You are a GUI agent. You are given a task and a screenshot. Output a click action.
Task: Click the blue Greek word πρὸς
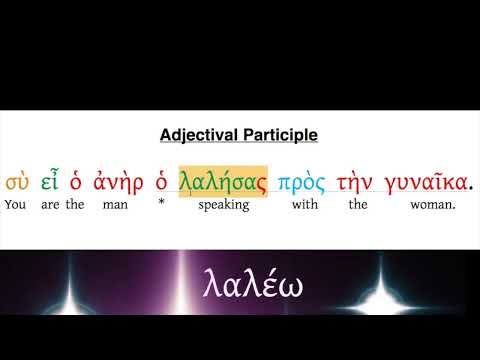tap(301, 182)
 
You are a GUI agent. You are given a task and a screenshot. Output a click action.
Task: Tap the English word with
tap(302, 206)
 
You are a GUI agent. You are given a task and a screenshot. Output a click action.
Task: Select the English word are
tap(50, 206)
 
